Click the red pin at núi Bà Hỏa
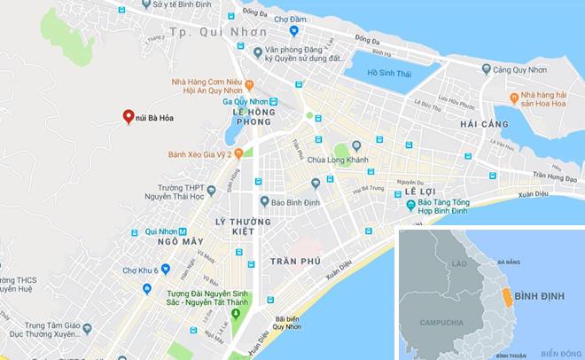point(128,117)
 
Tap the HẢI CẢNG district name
point(483,125)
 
